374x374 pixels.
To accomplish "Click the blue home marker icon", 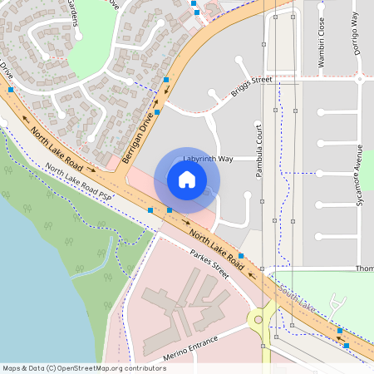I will (186, 179).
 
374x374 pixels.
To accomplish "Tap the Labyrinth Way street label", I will (208, 158).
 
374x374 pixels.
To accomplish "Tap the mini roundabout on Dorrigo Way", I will (359, 80).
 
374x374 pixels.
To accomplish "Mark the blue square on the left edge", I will (10, 89).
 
